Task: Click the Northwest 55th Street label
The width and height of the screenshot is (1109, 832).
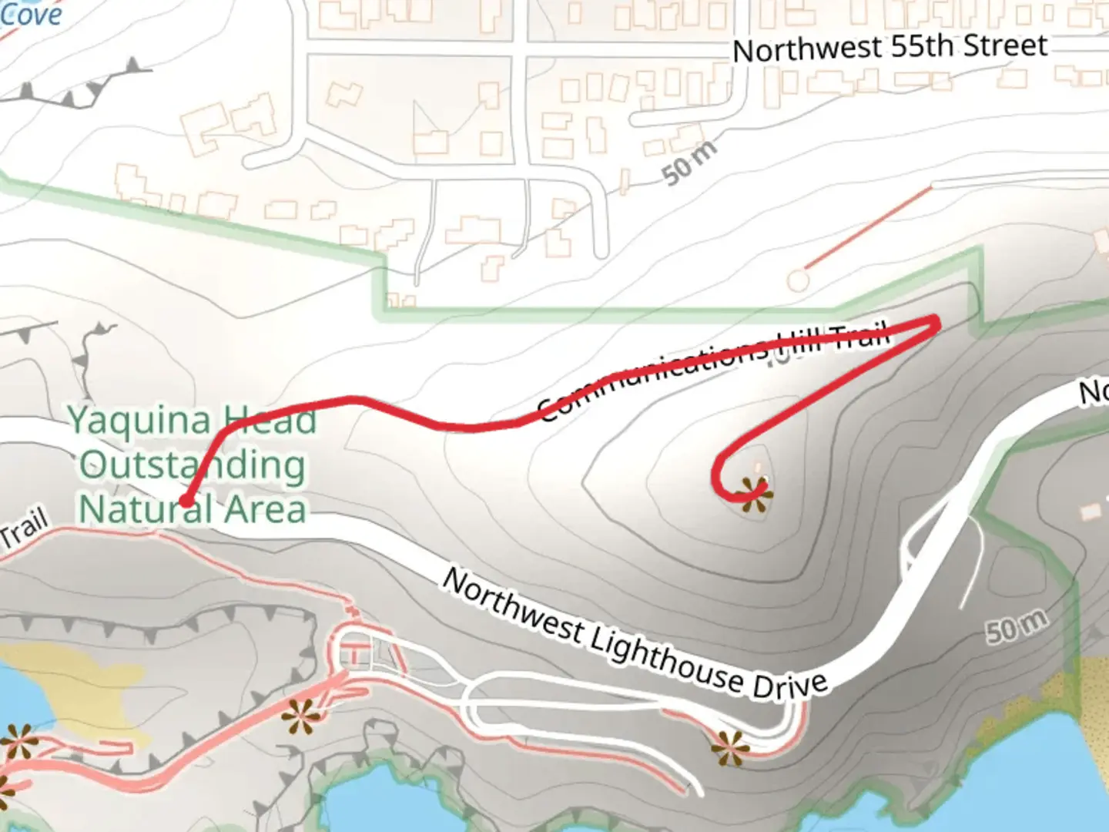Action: pyautogui.click(x=890, y=49)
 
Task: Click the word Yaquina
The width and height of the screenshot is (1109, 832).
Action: pyautogui.click(x=139, y=421)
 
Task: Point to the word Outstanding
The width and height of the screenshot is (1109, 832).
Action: pyautogui.click(x=193, y=465)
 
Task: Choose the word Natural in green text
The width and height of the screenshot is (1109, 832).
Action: pyautogui.click(x=146, y=510)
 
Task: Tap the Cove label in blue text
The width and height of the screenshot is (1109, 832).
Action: pyautogui.click(x=31, y=14)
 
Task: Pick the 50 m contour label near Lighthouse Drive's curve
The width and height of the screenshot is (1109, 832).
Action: pyautogui.click(x=1017, y=626)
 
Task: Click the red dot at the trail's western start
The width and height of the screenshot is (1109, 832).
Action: pyautogui.click(x=186, y=502)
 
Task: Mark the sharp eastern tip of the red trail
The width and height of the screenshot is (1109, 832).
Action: pyautogui.click(x=936, y=320)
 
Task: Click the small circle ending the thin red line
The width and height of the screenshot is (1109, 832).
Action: pyautogui.click(x=799, y=280)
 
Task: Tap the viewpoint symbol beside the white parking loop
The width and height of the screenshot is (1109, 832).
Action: pyautogui.click(x=729, y=747)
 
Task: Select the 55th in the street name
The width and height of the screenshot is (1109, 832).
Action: pyautogui.click(x=918, y=47)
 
